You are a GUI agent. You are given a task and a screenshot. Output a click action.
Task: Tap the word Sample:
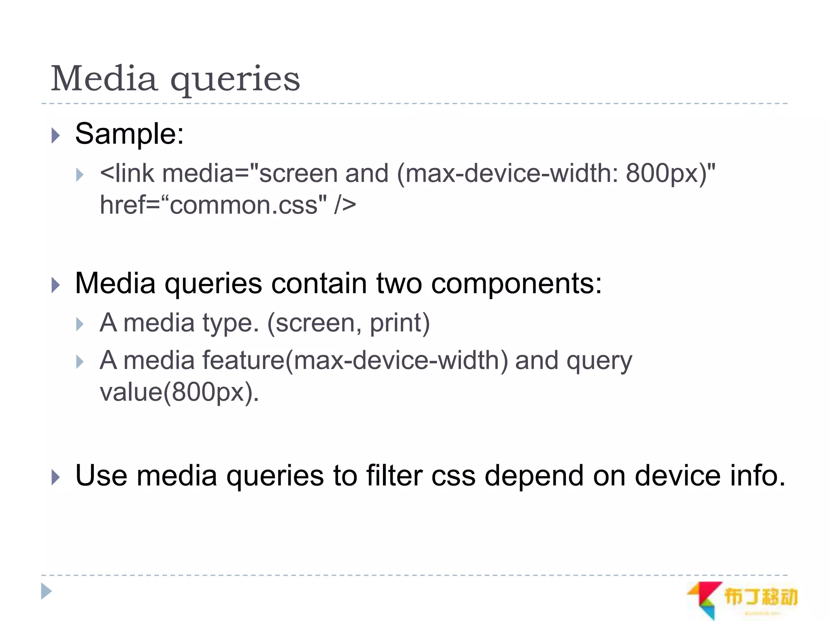pos(130,134)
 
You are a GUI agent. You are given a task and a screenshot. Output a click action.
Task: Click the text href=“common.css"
pos(213,205)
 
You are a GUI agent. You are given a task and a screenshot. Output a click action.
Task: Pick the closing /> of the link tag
pos(345,205)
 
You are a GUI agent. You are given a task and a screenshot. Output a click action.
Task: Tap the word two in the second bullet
pos(399,283)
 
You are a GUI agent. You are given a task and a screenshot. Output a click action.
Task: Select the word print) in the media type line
pos(400,324)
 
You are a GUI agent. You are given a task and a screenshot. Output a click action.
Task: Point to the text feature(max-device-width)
pos(355,361)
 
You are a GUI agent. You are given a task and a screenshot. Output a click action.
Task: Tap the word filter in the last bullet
pos(394,475)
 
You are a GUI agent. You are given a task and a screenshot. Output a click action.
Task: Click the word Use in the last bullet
pos(101,475)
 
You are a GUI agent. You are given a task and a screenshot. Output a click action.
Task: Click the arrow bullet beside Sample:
pos(56,135)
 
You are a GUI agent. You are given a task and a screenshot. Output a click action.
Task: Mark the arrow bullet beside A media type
pos(80,324)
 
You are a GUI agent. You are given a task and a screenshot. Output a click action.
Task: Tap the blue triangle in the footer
pos(47,591)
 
